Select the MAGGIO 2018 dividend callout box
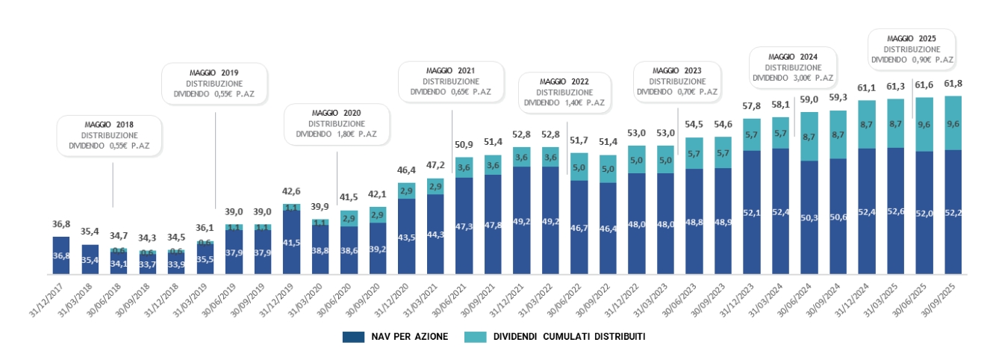pos(110,135)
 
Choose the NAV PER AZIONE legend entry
pos(396,337)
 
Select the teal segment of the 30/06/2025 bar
pos(924,125)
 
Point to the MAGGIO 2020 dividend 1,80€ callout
pos(336,123)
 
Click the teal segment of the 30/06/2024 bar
pos(809,137)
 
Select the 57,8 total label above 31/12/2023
pos(751,107)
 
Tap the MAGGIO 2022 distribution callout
pos(564,92)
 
